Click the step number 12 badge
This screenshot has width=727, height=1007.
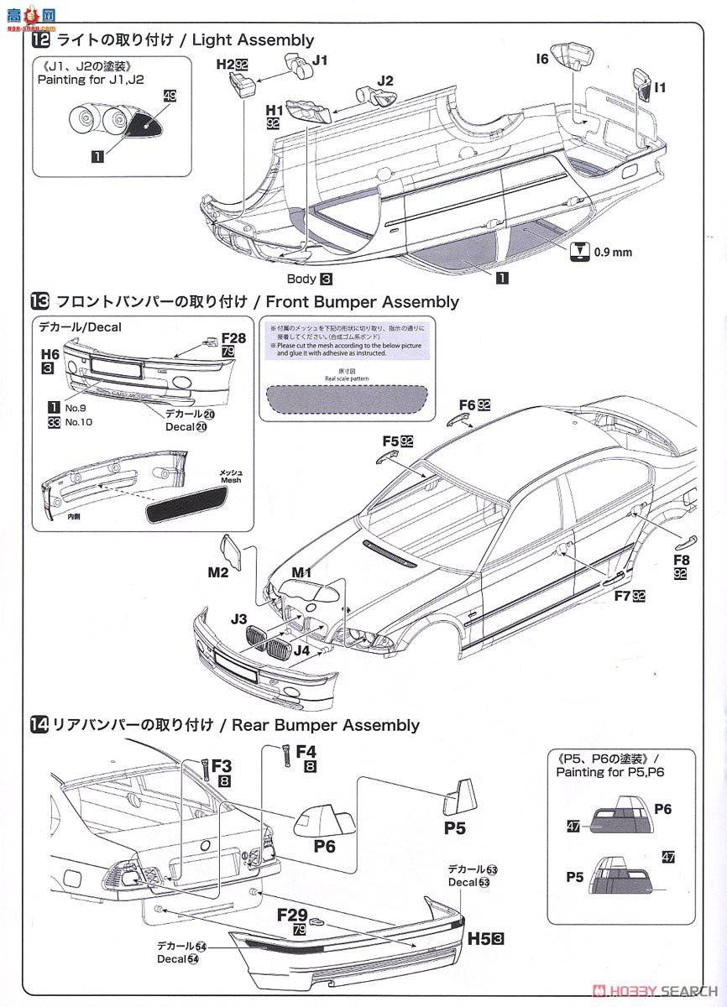[39, 39]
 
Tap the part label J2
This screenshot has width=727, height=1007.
[385, 81]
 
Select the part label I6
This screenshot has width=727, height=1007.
[541, 59]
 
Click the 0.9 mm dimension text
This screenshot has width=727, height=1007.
[613, 250]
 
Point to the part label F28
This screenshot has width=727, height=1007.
[233, 337]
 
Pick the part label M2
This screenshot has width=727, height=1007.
[218, 572]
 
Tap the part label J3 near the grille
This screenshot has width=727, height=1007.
[238, 619]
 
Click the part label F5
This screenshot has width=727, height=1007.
[390, 440]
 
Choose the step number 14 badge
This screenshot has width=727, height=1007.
[39, 724]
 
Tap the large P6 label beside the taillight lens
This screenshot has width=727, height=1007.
[324, 846]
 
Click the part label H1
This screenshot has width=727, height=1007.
[274, 109]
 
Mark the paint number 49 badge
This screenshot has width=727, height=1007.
[170, 97]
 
